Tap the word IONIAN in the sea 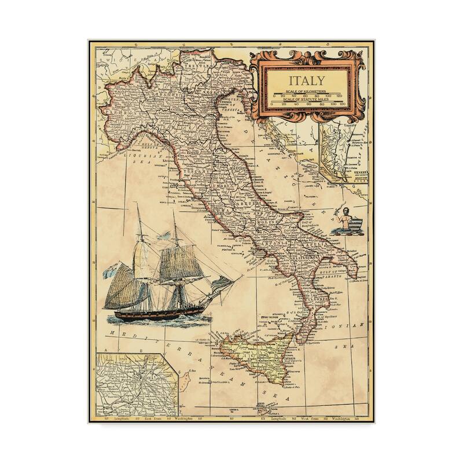click(x=352, y=328)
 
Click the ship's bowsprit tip click(x=238, y=278)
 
